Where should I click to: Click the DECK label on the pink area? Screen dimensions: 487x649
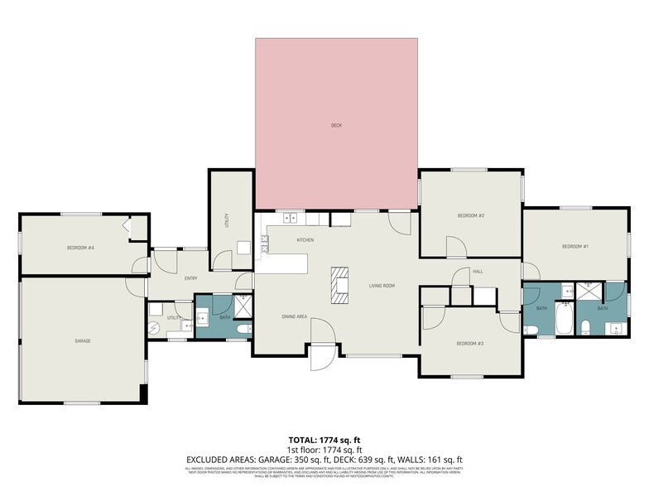pyautogui.click(x=336, y=126)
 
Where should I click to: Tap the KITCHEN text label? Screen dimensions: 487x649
pyautogui.click(x=305, y=240)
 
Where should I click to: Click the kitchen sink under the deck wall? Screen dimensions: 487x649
pyautogui.click(x=291, y=219)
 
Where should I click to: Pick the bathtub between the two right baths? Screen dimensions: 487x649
pyautogui.click(x=564, y=320)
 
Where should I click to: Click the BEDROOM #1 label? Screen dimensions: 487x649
pyautogui.click(x=574, y=246)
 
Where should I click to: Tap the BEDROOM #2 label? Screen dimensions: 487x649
pyautogui.click(x=470, y=216)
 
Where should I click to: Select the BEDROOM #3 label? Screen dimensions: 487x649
pyautogui.click(x=470, y=344)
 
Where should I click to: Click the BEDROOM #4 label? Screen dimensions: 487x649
pyautogui.click(x=81, y=248)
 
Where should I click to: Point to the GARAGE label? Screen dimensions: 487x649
pyautogui.click(x=82, y=341)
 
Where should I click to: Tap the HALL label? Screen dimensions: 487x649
pyautogui.click(x=478, y=272)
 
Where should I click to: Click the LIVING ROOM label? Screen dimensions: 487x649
pyautogui.click(x=382, y=286)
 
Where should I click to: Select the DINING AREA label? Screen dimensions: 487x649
pyautogui.click(x=295, y=316)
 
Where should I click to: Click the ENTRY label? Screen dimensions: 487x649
pyautogui.click(x=190, y=278)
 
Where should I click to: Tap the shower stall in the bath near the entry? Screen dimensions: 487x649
pyautogui.click(x=243, y=306)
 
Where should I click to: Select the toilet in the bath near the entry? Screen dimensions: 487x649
pyautogui.click(x=243, y=330)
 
